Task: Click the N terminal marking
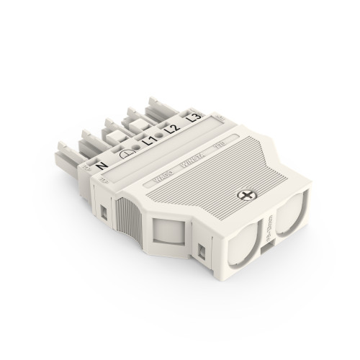(x=99, y=166)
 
